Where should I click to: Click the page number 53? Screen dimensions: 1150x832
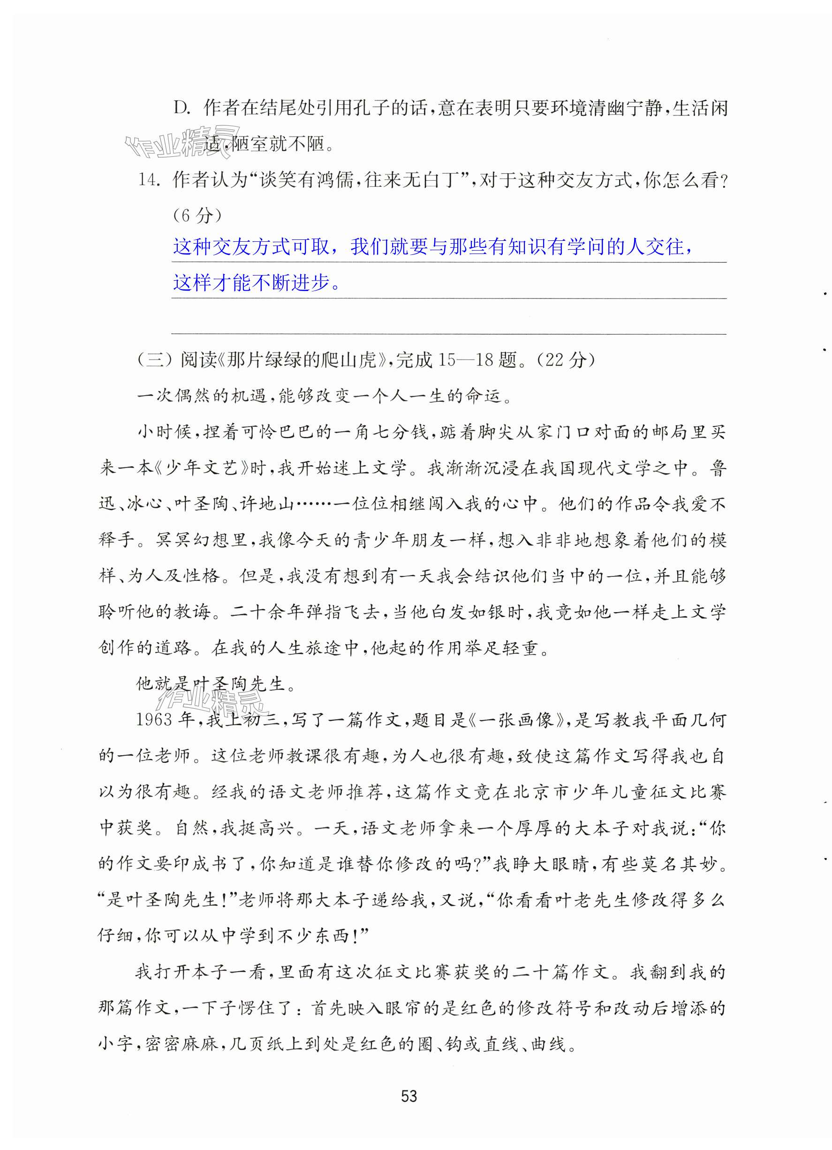[408, 1096]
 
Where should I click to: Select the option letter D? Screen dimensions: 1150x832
[181, 108]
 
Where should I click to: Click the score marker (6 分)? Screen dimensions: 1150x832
[197, 215]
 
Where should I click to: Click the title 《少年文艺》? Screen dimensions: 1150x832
[202, 468]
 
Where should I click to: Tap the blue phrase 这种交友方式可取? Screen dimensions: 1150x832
[251, 247]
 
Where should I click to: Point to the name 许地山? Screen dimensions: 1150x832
[266, 504]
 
